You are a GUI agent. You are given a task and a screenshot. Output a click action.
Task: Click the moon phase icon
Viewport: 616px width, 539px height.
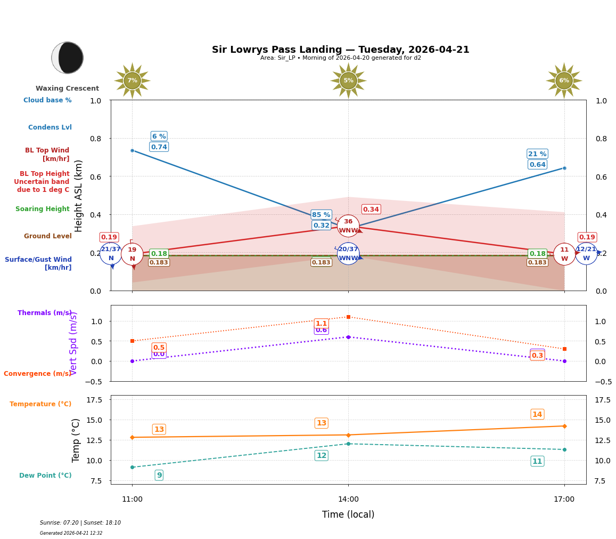click(68, 58)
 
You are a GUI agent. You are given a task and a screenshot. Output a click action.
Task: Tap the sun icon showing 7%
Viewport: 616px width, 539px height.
click(132, 81)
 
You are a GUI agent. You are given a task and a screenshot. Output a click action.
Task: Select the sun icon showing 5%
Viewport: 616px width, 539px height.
click(348, 81)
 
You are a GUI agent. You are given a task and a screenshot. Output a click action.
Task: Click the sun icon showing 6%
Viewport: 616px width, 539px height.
click(564, 81)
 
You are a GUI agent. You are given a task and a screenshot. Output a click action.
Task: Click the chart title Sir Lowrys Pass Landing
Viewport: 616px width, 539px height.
click(340, 50)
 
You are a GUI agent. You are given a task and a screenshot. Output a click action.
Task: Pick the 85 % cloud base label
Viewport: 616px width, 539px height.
click(321, 215)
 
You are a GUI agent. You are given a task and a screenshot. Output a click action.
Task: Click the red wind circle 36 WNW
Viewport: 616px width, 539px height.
click(348, 226)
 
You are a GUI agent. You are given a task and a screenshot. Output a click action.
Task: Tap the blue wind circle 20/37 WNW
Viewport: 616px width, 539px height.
click(348, 254)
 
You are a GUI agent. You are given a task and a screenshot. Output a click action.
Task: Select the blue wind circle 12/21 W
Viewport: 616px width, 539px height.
click(586, 254)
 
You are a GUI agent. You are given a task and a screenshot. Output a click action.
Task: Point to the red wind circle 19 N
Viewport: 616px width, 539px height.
click(132, 254)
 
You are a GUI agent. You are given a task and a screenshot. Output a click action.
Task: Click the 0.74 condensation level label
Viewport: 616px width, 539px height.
click(159, 147)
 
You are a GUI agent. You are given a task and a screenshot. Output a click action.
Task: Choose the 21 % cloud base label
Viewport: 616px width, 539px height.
click(537, 154)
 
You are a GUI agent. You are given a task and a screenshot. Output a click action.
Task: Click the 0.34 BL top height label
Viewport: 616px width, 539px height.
click(371, 210)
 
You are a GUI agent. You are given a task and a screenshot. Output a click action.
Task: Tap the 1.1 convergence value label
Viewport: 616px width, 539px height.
click(321, 324)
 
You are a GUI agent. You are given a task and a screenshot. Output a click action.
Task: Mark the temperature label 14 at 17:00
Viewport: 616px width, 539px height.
click(537, 414)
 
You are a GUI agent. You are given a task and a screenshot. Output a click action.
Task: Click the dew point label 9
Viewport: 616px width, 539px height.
click(159, 475)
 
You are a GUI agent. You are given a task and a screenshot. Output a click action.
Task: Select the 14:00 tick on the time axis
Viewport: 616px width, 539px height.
click(348, 500)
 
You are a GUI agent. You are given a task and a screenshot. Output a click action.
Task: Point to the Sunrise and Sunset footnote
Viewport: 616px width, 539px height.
click(80, 523)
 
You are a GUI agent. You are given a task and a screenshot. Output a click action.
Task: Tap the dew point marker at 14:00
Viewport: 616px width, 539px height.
click(348, 444)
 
